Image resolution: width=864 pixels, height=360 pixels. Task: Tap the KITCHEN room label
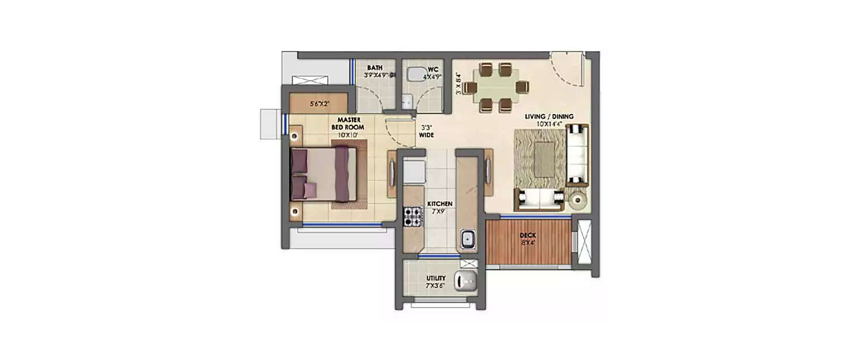[x=439, y=204]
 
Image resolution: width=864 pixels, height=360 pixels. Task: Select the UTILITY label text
[x=436, y=278]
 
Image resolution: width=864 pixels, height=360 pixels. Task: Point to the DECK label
[x=528, y=235]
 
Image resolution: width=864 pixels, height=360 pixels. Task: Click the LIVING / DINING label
[x=549, y=117]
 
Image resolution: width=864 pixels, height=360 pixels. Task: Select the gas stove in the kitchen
[x=412, y=216]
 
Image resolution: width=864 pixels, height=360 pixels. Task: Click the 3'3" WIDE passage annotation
[x=427, y=131]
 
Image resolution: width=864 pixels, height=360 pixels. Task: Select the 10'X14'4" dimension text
[x=549, y=124]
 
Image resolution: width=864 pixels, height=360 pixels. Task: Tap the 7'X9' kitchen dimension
[x=439, y=211]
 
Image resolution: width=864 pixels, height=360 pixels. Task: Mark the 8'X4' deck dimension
[x=528, y=242]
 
